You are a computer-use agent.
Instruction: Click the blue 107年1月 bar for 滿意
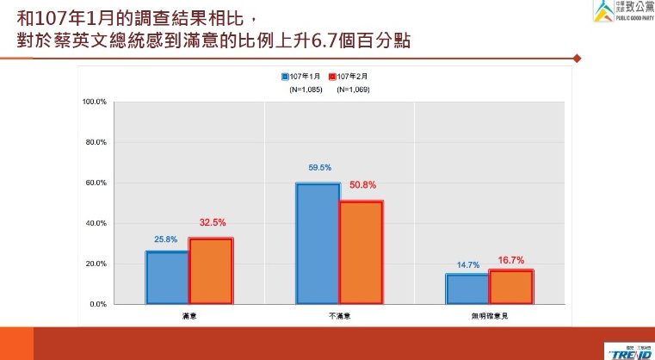tap(167, 277)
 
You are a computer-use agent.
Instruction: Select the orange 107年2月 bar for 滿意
tap(211, 270)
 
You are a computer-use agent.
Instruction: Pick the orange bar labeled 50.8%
tap(361, 251)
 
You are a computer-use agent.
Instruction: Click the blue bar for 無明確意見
tap(467, 289)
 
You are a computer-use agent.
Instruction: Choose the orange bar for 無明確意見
tap(511, 287)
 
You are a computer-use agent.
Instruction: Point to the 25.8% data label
tap(166, 239)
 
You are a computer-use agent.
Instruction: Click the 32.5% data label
tap(211, 223)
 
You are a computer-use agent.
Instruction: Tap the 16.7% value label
tap(511, 259)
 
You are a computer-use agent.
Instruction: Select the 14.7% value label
tap(467, 264)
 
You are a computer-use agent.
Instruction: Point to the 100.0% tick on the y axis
tap(94, 102)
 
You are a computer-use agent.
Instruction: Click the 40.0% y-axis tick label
tap(96, 223)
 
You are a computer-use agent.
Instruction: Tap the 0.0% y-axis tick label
tap(97, 304)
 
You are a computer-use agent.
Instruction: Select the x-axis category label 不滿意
tap(339, 316)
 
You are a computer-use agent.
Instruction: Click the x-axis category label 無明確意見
tap(489, 316)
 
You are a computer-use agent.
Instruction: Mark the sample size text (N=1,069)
tap(354, 89)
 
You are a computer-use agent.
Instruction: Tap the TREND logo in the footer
tap(632, 351)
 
